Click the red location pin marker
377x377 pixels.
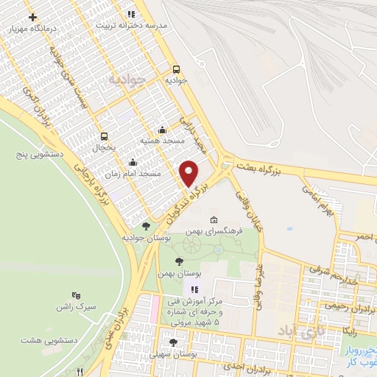tap(189, 173)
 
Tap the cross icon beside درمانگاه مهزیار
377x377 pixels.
tap(32, 15)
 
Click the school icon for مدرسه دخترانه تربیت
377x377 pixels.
tap(131, 14)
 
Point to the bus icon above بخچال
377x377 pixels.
tap(104, 136)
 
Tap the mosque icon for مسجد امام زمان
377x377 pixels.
tap(133, 163)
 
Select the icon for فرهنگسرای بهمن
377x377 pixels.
tap(214, 219)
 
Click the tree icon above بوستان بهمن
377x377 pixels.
tap(179, 262)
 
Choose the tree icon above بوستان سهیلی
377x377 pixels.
tap(173, 342)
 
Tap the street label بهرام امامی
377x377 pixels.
tap(319, 197)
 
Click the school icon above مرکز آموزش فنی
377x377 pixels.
tap(195, 289)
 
